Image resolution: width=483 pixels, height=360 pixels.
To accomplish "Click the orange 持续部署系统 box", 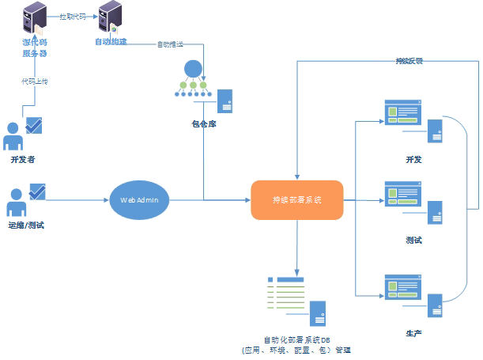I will click(297, 200).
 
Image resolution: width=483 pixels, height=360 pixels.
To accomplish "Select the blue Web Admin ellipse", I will click(140, 200).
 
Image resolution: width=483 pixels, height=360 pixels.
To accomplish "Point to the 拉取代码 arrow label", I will click(72, 16).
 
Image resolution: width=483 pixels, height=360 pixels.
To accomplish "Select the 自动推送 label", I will click(171, 44).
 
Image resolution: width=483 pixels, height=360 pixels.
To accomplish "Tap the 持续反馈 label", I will click(409, 61).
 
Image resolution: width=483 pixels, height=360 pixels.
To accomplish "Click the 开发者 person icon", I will click(13, 135).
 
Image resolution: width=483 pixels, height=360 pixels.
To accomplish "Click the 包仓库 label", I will click(203, 123).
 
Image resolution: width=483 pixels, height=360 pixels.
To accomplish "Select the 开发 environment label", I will click(413, 160).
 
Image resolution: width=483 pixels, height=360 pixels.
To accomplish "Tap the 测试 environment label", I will click(413, 239).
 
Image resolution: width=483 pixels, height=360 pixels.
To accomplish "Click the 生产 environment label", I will click(413, 332).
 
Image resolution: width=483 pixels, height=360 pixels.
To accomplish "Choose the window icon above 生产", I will click(401, 286).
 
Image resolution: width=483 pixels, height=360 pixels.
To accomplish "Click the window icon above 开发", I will click(401, 112).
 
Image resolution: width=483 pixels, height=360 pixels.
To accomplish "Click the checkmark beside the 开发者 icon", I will click(35, 125).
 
